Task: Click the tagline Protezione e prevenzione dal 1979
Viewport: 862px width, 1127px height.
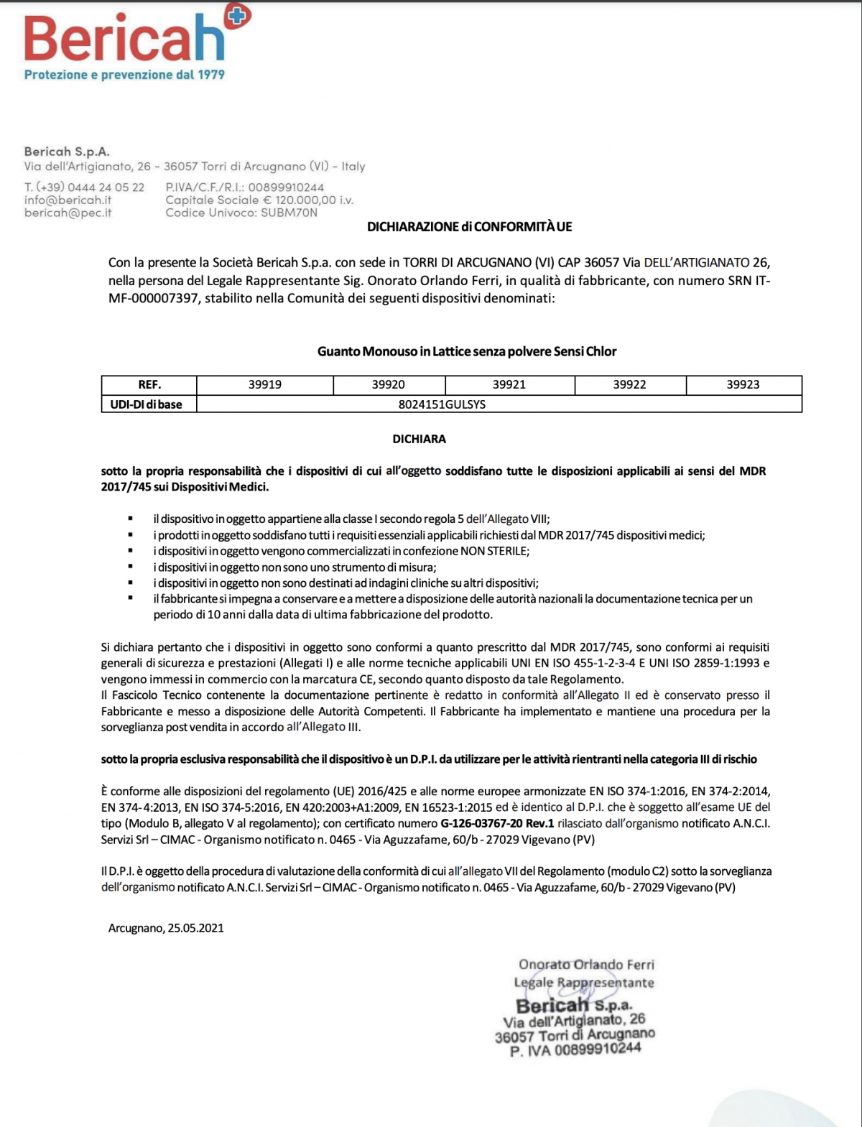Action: [x=124, y=75]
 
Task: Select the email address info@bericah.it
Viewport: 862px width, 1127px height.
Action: [x=68, y=200]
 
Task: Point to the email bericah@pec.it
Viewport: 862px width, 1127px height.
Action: [x=68, y=213]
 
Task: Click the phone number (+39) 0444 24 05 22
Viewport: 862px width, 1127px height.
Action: [x=84, y=187]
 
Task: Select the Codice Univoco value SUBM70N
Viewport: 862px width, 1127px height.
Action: [x=289, y=213]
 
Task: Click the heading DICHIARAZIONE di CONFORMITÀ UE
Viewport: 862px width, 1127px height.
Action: [x=469, y=227]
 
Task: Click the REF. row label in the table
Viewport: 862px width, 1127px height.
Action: [x=149, y=385]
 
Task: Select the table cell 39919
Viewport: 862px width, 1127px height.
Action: [x=265, y=385]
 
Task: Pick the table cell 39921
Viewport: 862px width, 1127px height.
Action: [x=509, y=385]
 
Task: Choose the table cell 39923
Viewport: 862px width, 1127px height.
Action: [x=743, y=385]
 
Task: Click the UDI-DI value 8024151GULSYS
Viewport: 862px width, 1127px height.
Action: [x=442, y=404]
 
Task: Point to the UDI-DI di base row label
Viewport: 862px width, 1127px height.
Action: [x=147, y=404]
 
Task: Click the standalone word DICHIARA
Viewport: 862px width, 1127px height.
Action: [x=419, y=439]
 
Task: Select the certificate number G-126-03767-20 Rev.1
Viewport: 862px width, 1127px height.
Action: [x=497, y=824]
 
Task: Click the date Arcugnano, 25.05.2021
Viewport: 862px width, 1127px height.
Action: [x=166, y=928]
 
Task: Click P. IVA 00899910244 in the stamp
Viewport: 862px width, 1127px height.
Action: [x=575, y=1050]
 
